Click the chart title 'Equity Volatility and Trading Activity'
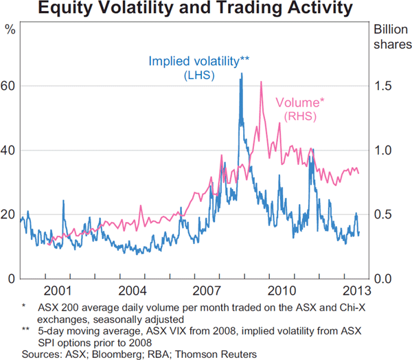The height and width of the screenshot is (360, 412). (x=206, y=10)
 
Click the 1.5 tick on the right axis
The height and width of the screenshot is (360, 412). (x=383, y=86)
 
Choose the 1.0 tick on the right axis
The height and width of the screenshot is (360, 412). (x=383, y=150)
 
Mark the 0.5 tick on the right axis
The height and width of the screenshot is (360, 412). (x=383, y=214)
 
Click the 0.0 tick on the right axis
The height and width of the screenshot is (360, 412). (x=383, y=278)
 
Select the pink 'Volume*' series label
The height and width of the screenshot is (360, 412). (x=300, y=103)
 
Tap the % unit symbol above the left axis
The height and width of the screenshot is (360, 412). (x=10, y=30)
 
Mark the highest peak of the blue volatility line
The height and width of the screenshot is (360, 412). (x=241, y=74)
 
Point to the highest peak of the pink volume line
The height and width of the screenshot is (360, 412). (x=262, y=82)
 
